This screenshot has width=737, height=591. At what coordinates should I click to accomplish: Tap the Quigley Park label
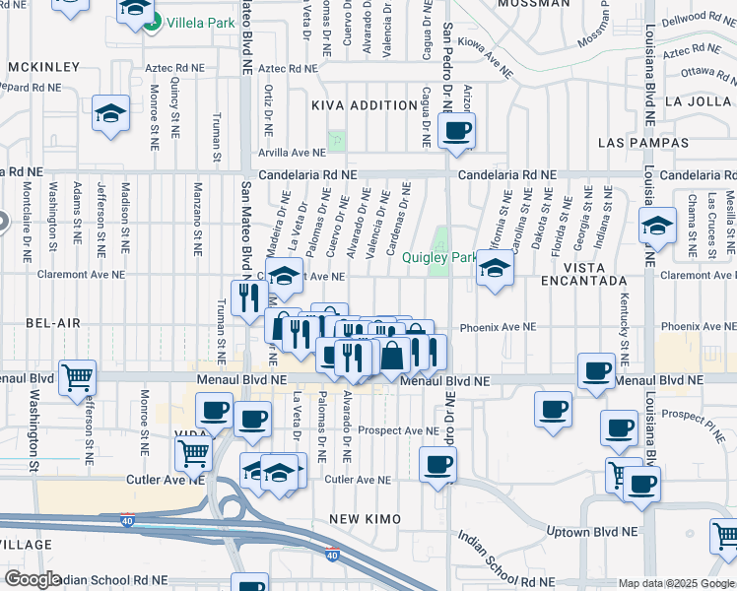439,258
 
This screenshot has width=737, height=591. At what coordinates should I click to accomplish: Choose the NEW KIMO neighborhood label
362,518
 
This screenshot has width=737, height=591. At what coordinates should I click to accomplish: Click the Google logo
33,579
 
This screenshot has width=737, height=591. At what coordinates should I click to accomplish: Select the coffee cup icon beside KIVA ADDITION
456,130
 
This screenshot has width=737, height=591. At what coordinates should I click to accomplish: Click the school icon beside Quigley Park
496,268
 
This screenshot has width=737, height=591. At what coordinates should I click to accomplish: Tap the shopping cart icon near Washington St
77,377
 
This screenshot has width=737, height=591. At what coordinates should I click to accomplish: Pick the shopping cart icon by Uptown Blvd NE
725,536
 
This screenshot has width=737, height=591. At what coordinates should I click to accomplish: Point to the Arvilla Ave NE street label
292,153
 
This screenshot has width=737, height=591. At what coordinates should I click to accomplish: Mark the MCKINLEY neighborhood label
42,67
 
